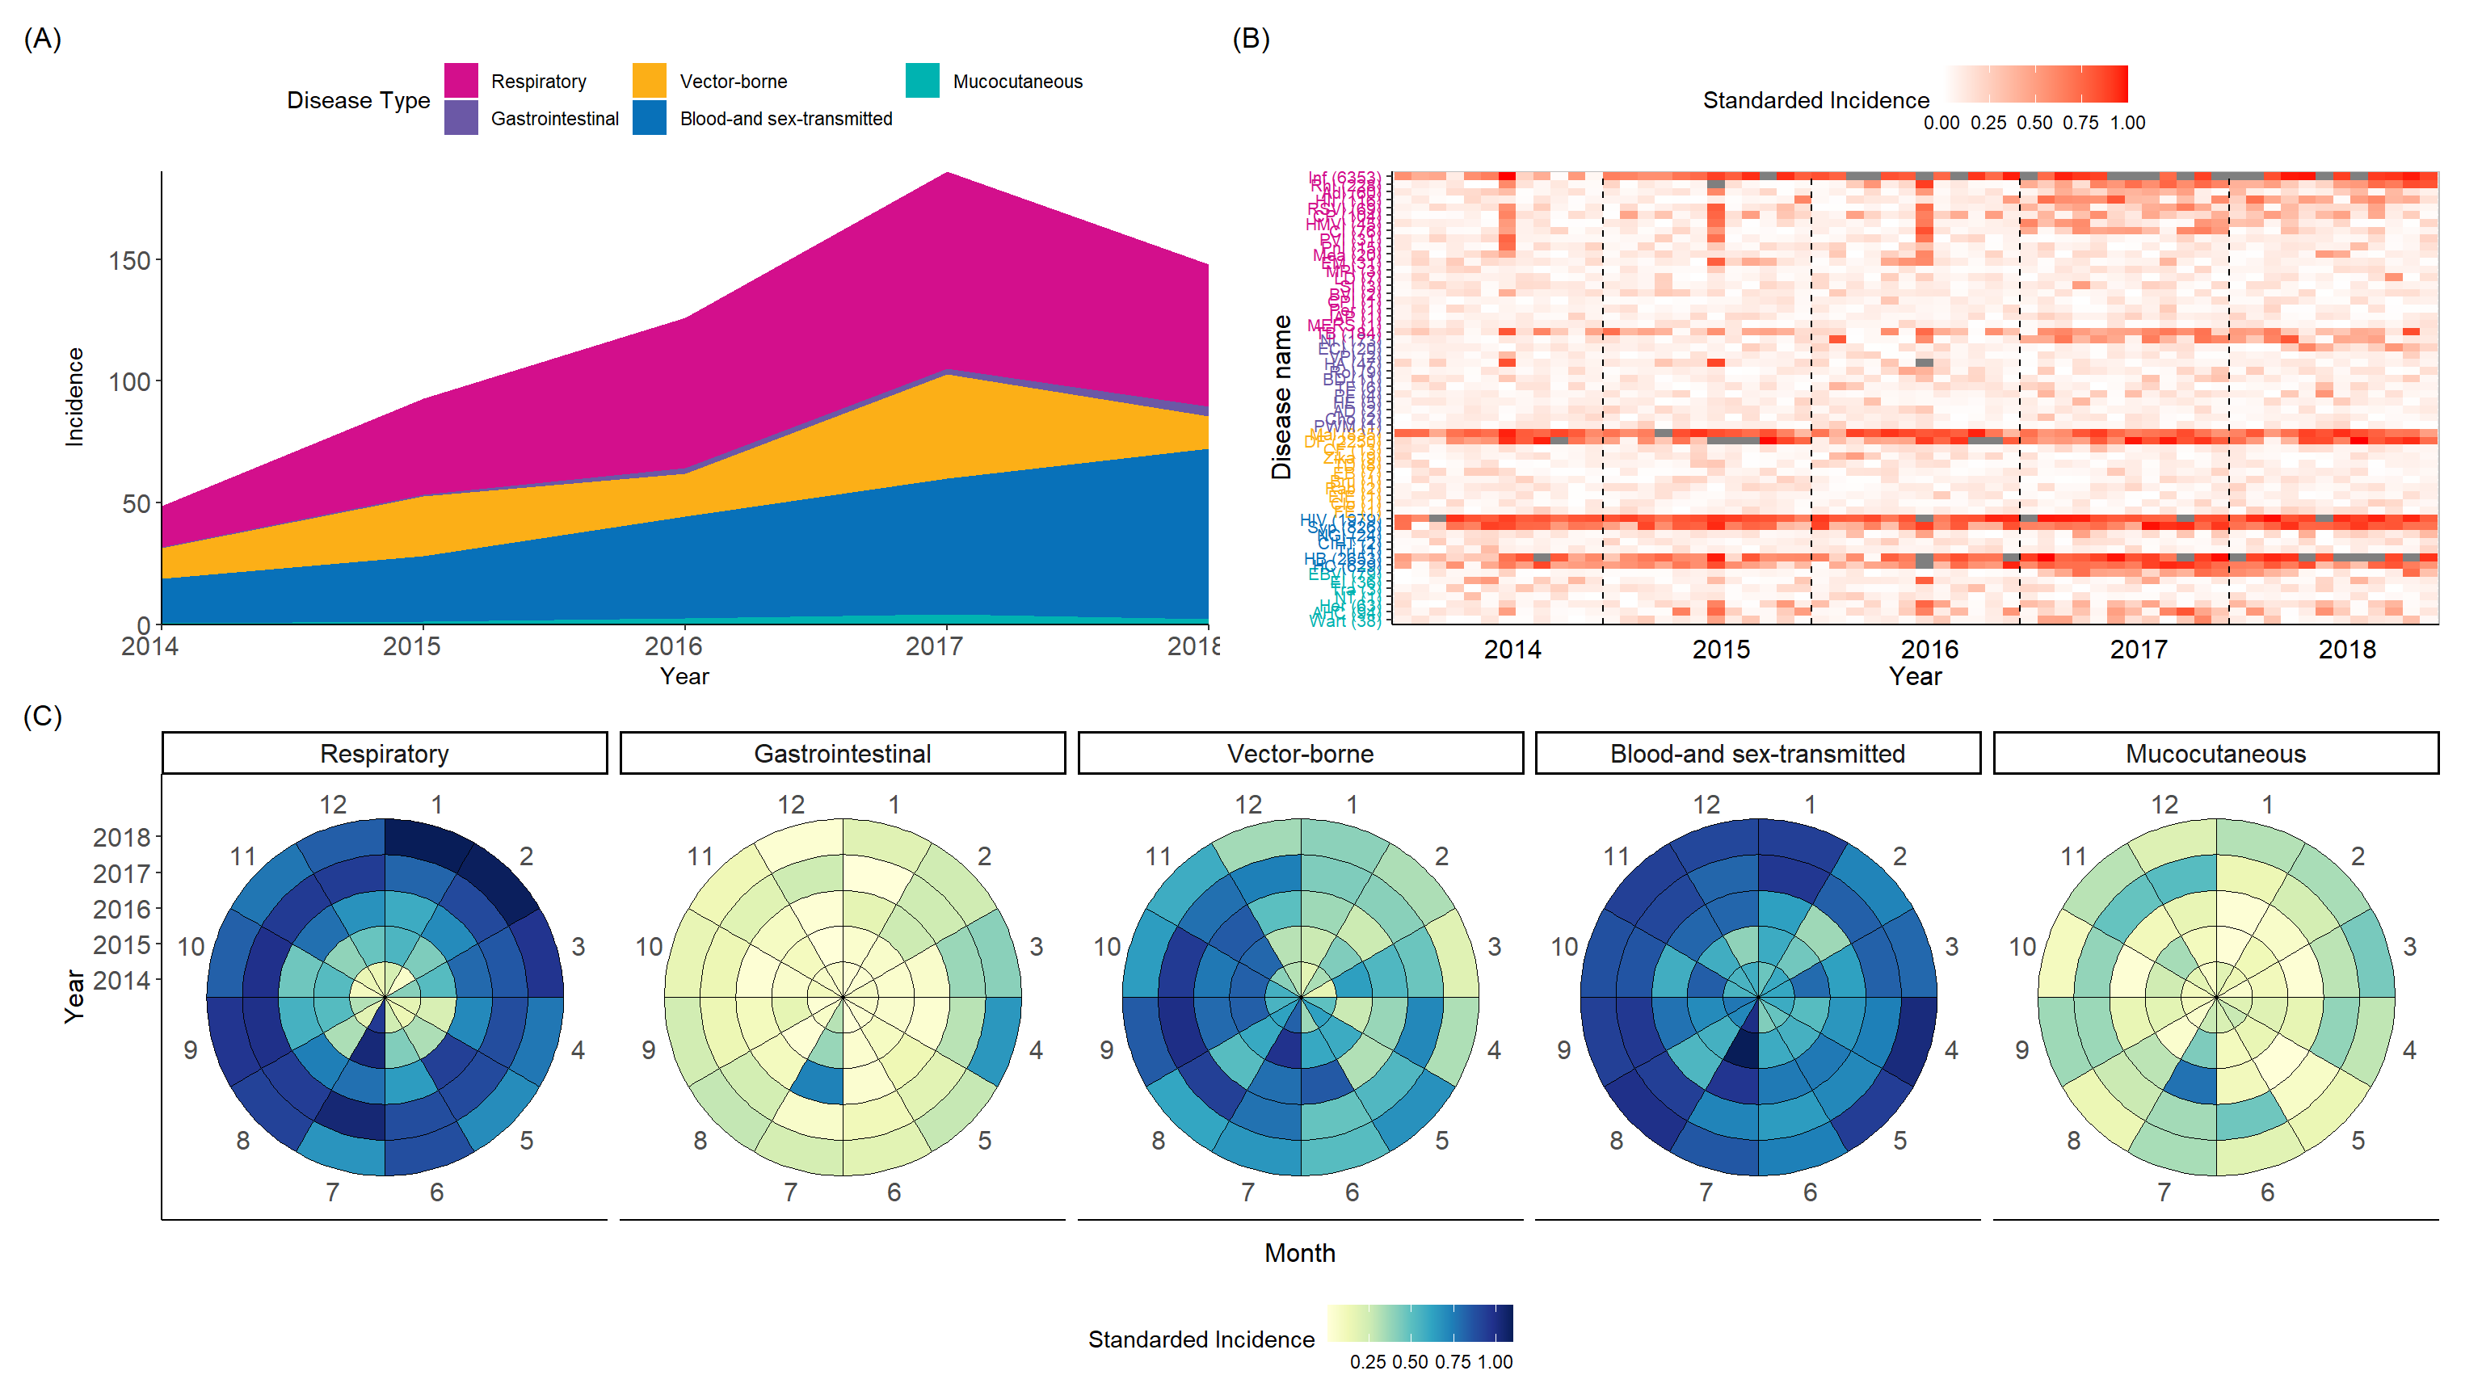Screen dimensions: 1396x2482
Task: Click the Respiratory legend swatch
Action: tap(461, 81)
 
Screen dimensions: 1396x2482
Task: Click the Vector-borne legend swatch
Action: tap(650, 81)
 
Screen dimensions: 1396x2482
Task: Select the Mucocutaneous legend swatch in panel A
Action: tap(922, 81)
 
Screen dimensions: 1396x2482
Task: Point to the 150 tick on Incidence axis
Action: tap(129, 261)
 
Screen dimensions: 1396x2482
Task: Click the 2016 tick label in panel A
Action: tap(672, 646)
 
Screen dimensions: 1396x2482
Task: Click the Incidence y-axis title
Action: tap(74, 397)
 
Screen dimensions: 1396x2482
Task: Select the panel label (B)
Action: tap(1251, 39)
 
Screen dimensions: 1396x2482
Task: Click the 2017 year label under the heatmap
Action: tap(2138, 650)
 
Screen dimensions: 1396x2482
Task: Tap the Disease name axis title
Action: tap(1281, 397)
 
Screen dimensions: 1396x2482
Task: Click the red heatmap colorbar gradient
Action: tap(2036, 84)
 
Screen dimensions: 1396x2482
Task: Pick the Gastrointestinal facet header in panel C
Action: tap(842, 754)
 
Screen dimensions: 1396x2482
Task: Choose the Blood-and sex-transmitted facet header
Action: tap(1757, 754)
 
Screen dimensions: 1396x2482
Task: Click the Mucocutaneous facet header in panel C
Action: tap(2215, 754)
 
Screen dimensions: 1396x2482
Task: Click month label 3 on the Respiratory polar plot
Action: tap(578, 946)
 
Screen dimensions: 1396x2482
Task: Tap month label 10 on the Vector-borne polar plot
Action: tap(1106, 946)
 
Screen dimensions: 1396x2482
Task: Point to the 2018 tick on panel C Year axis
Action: tap(121, 837)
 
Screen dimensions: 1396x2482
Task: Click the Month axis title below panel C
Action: tap(1300, 1252)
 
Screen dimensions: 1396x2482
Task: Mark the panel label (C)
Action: tap(42, 716)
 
